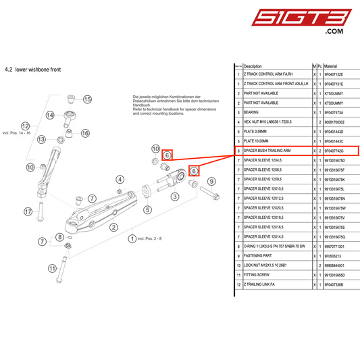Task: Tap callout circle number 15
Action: point(87,99)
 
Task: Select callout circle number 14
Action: point(50,115)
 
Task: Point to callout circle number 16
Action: point(85,133)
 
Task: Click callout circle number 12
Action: point(26,126)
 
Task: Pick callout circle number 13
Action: point(41,140)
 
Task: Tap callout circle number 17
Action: point(28,211)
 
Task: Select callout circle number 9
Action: point(211,181)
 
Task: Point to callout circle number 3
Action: point(175,197)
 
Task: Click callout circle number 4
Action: point(120,179)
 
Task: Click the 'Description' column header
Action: point(253,66)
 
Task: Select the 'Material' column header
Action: point(330,66)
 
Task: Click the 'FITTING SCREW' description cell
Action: point(255,276)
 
